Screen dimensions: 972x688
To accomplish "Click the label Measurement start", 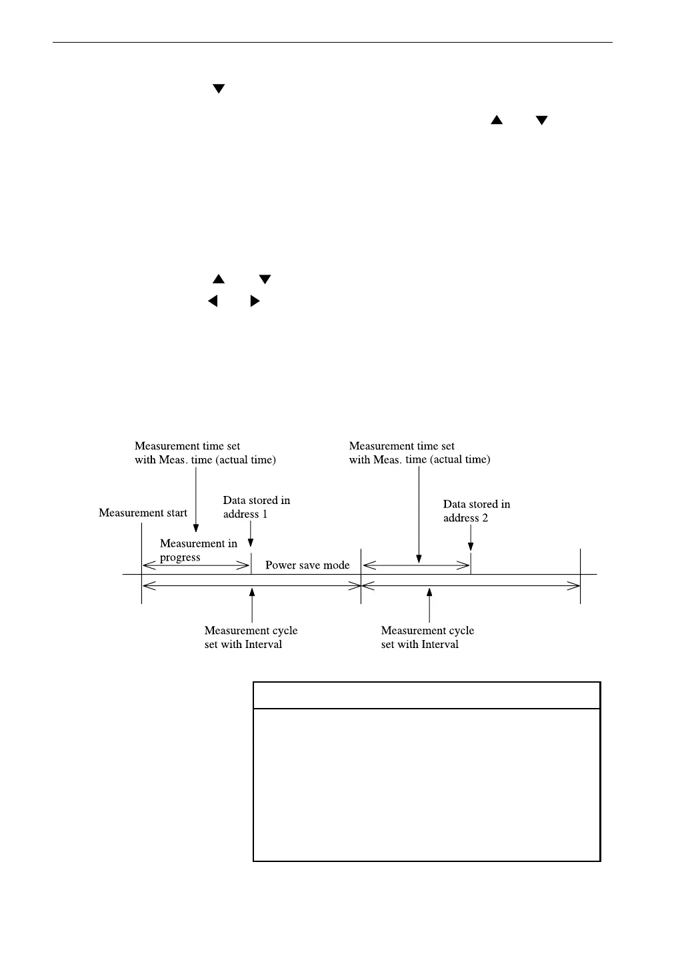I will click(x=143, y=513).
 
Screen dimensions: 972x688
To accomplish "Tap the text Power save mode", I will click(x=307, y=565).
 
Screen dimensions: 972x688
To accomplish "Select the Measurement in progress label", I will click(x=198, y=551).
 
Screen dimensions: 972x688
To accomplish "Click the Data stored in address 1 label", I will click(x=256, y=507).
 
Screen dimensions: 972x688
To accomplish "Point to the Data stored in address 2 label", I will click(x=476, y=511).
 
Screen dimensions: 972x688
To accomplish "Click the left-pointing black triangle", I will click(x=213, y=301).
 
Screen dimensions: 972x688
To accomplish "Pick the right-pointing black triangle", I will click(x=255, y=301).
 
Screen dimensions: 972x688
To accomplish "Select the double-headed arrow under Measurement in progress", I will click(x=197, y=566).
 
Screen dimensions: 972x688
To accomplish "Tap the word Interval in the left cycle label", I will click(x=264, y=645).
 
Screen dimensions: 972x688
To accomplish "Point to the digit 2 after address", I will click(x=485, y=519).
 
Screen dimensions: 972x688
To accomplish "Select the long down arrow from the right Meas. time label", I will click(x=419, y=513).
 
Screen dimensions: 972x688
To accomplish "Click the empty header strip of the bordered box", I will click(x=427, y=695).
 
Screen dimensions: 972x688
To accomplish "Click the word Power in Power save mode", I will click(x=279, y=565).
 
